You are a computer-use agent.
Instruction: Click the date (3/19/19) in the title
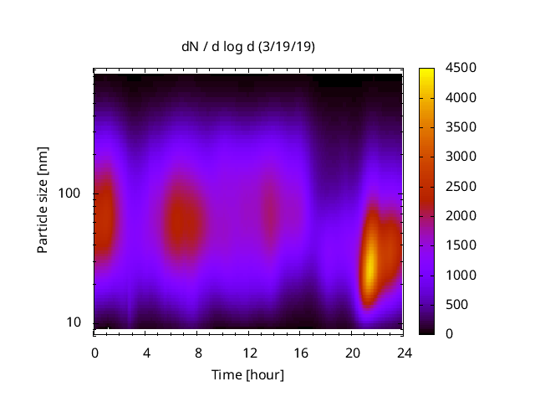click(287, 47)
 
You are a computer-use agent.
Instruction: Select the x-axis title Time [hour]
click(247, 374)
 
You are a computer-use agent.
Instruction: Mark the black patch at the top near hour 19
click(340, 81)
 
